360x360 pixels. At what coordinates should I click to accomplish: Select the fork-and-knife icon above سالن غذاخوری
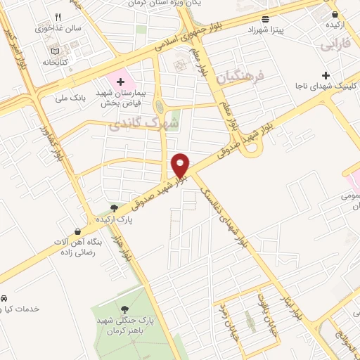coord(58,18)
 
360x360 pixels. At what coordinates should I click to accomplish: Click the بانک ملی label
coord(72,97)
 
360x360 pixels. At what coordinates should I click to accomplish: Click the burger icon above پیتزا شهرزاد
coord(264,19)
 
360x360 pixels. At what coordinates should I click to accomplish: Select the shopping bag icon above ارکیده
coord(337,11)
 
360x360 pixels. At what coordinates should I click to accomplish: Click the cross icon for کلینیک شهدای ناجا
coord(325,75)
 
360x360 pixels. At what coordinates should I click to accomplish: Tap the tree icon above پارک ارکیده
coord(113,207)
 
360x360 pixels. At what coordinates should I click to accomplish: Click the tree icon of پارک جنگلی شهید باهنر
coord(124,309)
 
